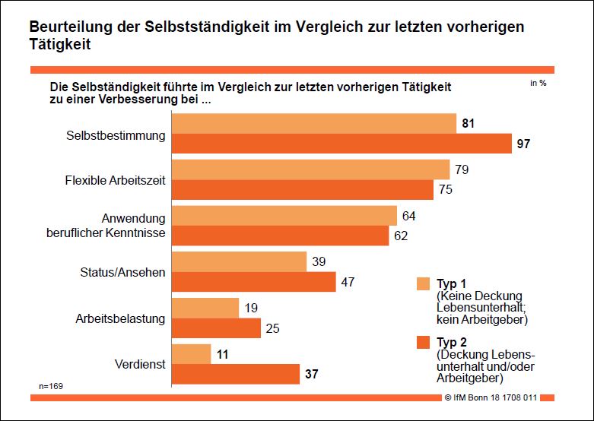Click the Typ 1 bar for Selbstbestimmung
click(x=314, y=123)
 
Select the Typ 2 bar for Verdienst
click(x=236, y=375)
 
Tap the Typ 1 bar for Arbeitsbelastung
click(x=205, y=308)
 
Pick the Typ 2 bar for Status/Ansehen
click(x=254, y=282)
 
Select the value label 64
click(x=408, y=216)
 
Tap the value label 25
click(x=273, y=328)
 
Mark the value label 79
click(x=462, y=169)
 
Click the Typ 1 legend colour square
click(x=424, y=284)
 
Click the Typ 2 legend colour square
click(x=424, y=343)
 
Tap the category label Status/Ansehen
click(x=122, y=272)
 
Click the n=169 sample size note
click(x=51, y=387)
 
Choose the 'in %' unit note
click(x=538, y=84)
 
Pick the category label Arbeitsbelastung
click(x=120, y=318)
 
